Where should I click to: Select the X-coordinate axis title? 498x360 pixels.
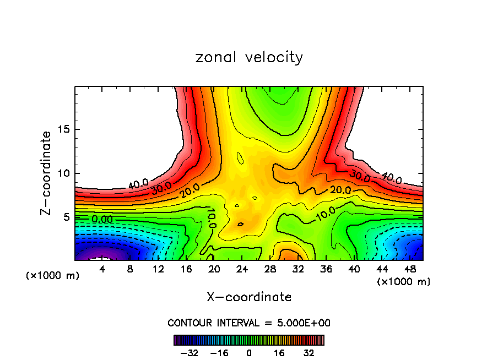point(249,297)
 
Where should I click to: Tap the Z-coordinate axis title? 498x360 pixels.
point(47,173)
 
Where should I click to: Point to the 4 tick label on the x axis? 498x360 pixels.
point(102,269)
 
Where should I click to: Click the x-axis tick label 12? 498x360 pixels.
point(158,269)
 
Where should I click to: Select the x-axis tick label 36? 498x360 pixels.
point(326,269)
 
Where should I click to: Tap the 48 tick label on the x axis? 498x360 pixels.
point(409,269)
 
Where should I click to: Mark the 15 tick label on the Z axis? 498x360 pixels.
point(64,130)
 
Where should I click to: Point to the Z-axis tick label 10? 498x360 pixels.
point(64,174)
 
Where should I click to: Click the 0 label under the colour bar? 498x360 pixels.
point(249,353)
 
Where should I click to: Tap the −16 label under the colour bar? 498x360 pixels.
point(219,353)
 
